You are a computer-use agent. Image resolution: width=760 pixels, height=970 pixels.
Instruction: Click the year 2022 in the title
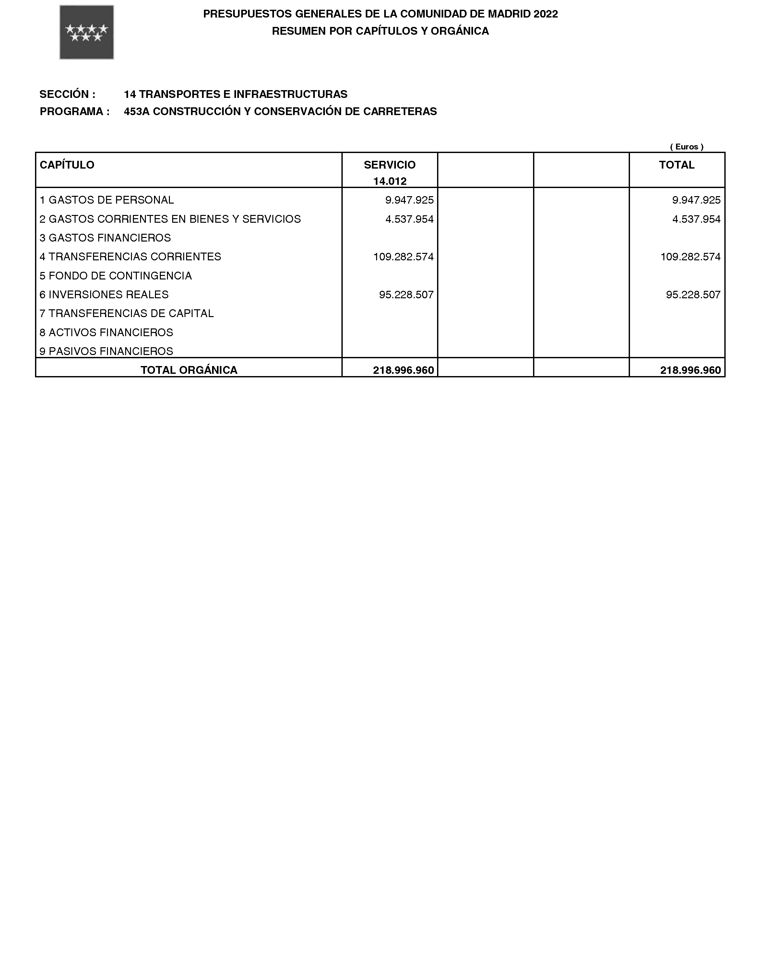(x=546, y=14)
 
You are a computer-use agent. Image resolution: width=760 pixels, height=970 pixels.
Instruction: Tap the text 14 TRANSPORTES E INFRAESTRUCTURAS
(x=235, y=94)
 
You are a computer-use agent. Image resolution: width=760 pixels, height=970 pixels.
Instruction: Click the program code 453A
(x=137, y=111)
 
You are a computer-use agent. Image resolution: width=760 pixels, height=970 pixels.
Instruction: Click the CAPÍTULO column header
(x=67, y=165)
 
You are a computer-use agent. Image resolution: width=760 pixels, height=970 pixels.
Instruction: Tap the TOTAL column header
(x=676, y=165)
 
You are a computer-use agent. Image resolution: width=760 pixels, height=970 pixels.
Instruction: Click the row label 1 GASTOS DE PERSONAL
(x=107, y=200)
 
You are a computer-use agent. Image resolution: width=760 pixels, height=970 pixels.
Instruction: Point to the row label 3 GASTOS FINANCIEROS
(x=105, y=238)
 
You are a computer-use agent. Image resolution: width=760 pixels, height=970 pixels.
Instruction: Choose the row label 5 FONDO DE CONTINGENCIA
(x=116, y=276)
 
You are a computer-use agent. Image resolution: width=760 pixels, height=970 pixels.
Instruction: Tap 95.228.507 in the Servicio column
(x=406, y=295)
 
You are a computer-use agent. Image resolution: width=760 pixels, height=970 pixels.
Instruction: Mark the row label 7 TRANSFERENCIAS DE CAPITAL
(x=127, y=314)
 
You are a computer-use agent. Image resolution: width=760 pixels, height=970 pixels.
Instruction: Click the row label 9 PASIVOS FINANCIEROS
(x=106, y=351)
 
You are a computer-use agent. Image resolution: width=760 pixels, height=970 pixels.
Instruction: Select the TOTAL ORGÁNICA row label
(x=189, y=370)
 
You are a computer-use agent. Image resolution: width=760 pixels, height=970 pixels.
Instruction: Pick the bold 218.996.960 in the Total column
(x=690, y=370)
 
